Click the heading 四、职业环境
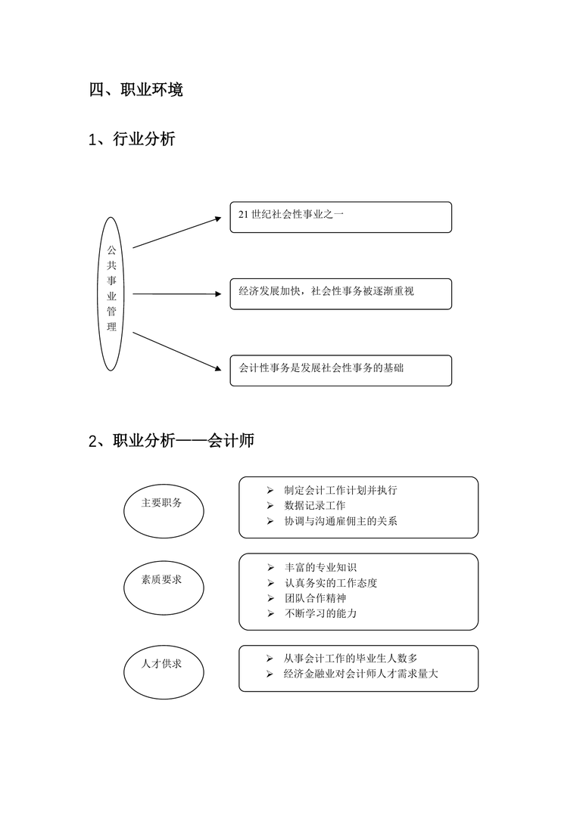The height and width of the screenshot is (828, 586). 136,90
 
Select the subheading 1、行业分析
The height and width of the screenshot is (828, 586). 132,139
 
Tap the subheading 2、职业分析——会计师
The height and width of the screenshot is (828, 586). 171,440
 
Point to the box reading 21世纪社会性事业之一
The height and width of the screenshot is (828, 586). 341,217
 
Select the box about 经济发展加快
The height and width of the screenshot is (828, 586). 341,293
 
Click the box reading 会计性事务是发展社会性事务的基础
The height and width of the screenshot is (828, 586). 341,371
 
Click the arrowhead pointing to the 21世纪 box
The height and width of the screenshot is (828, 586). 218,218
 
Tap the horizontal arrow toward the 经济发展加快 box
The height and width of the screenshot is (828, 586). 176,293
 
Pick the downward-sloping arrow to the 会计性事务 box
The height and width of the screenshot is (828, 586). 176,351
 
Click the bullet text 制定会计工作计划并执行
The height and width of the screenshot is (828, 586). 341,490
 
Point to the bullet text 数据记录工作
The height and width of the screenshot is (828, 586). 315,505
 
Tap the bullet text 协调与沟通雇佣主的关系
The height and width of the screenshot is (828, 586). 341,521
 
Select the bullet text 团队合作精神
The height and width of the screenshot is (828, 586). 315,598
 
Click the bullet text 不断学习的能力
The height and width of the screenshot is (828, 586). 320,613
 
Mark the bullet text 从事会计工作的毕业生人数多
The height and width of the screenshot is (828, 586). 351,658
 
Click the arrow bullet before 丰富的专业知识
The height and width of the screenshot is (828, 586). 270,568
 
